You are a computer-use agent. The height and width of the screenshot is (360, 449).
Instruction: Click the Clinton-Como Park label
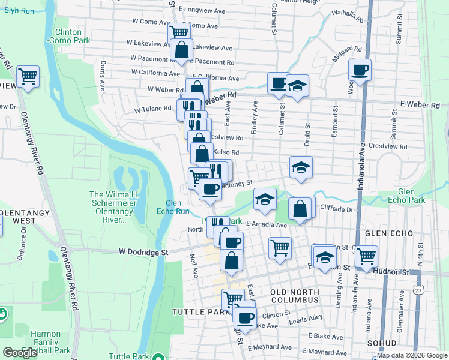[72, 36]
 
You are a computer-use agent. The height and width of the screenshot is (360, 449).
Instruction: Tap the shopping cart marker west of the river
[28, 77]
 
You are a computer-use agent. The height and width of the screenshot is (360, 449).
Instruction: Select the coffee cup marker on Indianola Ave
[360, 70]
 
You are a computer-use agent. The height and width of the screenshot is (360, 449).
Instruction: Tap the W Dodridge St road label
[142, 252]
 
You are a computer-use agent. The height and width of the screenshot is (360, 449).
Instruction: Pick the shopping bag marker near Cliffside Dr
[300, 209]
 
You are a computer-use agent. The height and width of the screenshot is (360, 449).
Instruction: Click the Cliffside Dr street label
[337, 209]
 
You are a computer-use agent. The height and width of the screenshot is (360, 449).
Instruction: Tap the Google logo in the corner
[20, 352]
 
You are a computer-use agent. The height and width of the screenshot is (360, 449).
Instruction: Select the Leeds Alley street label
[307, 317]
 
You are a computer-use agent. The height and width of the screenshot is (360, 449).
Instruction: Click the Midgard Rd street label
[349, 50]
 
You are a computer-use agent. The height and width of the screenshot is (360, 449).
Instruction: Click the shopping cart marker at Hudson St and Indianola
[366, 256]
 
